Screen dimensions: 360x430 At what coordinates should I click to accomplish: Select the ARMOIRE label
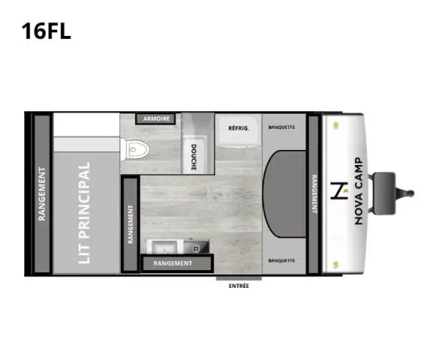coord(155,119)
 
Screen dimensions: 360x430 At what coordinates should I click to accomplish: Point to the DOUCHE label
coord(194,157)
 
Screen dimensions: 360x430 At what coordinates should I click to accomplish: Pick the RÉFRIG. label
coord(239,128)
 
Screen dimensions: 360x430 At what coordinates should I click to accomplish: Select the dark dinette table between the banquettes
coord(285,193)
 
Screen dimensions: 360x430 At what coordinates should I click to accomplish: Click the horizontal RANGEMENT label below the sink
coord(173,263)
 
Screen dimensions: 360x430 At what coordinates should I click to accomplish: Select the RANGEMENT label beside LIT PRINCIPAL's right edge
coord(131,226)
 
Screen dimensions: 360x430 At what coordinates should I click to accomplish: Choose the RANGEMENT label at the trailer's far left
coord(43,193)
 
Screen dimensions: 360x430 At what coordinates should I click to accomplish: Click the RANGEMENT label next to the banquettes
coord(313,193)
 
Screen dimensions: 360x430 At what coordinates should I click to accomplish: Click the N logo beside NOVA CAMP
coord(338,192)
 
